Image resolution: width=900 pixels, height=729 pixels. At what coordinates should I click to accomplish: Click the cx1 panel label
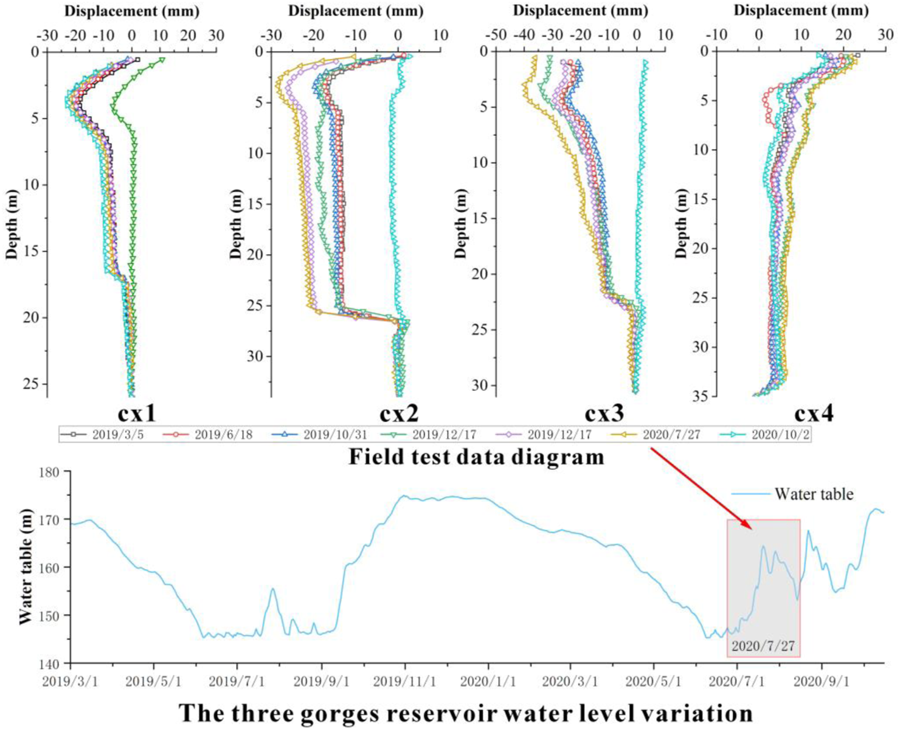point(137,413)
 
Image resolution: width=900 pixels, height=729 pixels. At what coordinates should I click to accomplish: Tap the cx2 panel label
point(399,413)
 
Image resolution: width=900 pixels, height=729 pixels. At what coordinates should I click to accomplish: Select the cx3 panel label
point(604,413)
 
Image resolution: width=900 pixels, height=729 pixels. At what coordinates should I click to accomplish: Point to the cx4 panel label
point(814,413)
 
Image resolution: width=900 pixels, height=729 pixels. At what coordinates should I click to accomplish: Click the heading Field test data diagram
point(476,456)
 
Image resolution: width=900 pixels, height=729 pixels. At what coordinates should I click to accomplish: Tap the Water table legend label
point(814,494)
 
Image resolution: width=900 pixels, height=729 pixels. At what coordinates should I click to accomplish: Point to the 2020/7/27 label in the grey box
point(763,646)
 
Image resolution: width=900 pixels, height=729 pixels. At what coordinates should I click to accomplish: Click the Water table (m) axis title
point(25,567)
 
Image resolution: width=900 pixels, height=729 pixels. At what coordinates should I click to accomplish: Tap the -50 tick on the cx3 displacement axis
point(497,35)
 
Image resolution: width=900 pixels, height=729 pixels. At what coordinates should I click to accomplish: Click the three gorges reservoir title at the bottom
point(466,712)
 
